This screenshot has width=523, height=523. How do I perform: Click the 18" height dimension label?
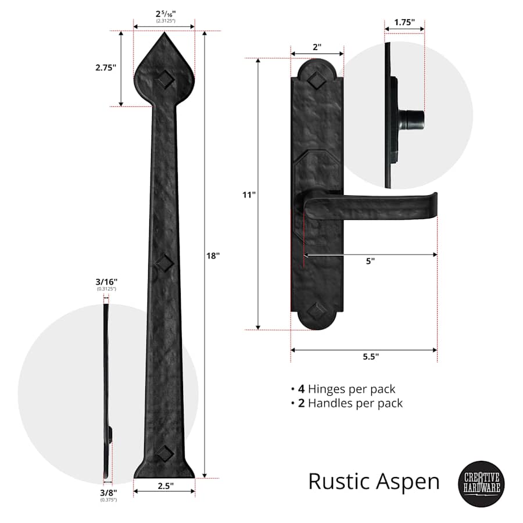(x=213, y=255)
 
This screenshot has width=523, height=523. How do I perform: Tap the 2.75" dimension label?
(x=106, y=67)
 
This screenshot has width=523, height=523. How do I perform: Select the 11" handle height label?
(x=249, y=195)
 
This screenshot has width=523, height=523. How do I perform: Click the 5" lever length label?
(x=370, y=261)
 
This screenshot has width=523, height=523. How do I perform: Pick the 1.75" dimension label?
(x=404, y=23)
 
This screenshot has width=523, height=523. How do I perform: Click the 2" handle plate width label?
(x=317, y=48)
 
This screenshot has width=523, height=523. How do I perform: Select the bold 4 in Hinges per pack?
(x=301, y=389)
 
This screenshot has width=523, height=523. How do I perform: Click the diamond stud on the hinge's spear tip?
(x=164, y=81)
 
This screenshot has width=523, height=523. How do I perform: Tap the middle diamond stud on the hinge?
(x=164, y=263)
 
